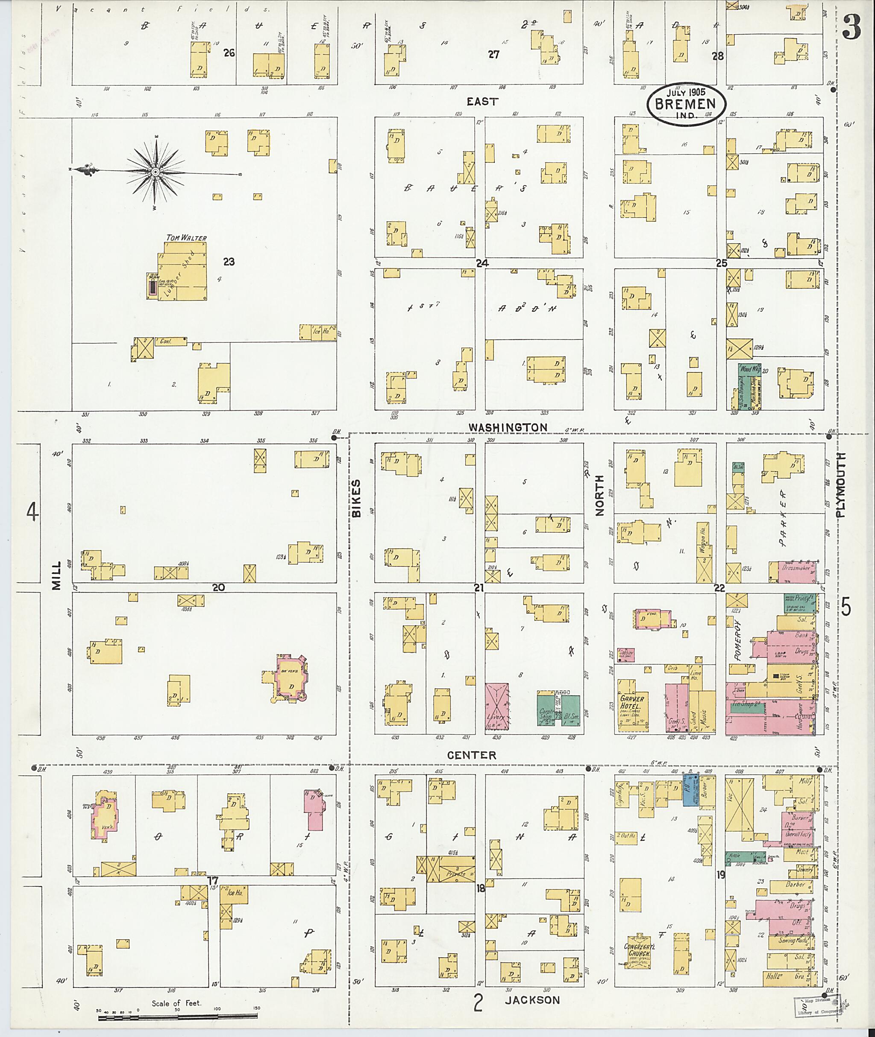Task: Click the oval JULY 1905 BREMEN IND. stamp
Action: click(x=686, y=104)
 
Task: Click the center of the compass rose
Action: click(x=155, y=172)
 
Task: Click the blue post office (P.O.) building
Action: click(x=690, y=790)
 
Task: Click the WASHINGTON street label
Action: click(x=508, y=427)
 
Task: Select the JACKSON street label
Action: click(x=532, y=1000)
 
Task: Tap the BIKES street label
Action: click(x=356, y=499)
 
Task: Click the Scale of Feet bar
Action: click(x=178, y=1017)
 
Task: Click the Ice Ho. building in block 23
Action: click(x=318, y=332)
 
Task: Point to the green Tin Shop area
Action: click(x=746, y=707)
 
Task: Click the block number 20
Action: click(x=218, y=587)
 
